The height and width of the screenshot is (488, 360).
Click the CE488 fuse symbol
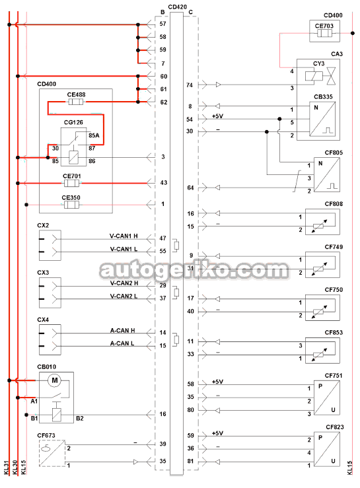pyautogui.click(x=76, y=102)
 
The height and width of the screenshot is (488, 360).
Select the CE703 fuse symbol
pyautogui.click(x=324, y=33)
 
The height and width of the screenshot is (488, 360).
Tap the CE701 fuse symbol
pyautogui.click(x=71, y=183)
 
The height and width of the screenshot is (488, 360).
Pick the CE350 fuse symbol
pyautogui.click(x=71, y=205)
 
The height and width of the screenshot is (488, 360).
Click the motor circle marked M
pyautogui.click(x=55, y=380)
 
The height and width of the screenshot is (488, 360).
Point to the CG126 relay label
pyautogui.click(x=73, y=122)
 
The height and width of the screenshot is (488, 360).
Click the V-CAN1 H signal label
pyautogui.click(x=124, y=236)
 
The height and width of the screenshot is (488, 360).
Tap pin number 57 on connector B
pyautogui.click(x=163, y=24)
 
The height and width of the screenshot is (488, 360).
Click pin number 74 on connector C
pyautogui.click(x=190, y=85)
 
